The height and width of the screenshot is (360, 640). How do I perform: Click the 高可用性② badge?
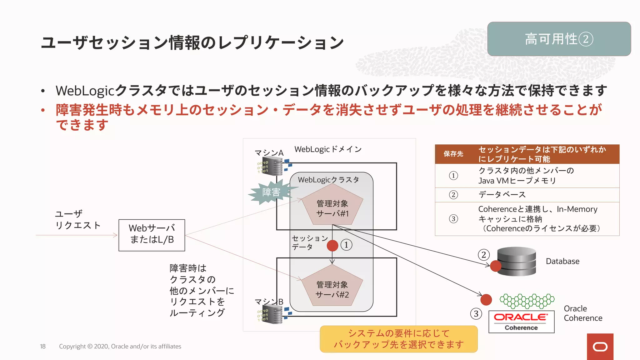tap(559, 39)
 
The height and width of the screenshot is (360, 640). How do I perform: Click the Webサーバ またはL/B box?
tap(152, 235)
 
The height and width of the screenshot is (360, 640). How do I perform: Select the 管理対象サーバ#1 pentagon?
tap(332, 206)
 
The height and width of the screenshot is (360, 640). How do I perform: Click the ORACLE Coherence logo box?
tap(521, 322)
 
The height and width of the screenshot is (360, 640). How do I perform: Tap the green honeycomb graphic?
tap(527, 301)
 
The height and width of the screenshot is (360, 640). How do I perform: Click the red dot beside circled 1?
tap(332, 246)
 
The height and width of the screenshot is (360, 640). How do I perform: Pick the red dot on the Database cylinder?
tap(496, 266)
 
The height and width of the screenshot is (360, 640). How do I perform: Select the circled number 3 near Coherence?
tap(476, 314)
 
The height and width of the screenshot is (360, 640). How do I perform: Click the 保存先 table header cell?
tap(453, 154)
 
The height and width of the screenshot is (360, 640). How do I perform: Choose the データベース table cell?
tap(502, 195)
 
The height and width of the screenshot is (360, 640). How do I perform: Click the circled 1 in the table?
tap(453, 176)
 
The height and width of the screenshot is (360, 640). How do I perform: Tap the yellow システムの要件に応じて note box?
tap(399, 339)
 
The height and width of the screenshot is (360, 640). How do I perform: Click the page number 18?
tap(43, 346)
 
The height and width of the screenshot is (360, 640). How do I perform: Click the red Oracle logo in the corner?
tap(600, 347)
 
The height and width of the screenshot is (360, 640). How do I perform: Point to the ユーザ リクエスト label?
tap(77, 220)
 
